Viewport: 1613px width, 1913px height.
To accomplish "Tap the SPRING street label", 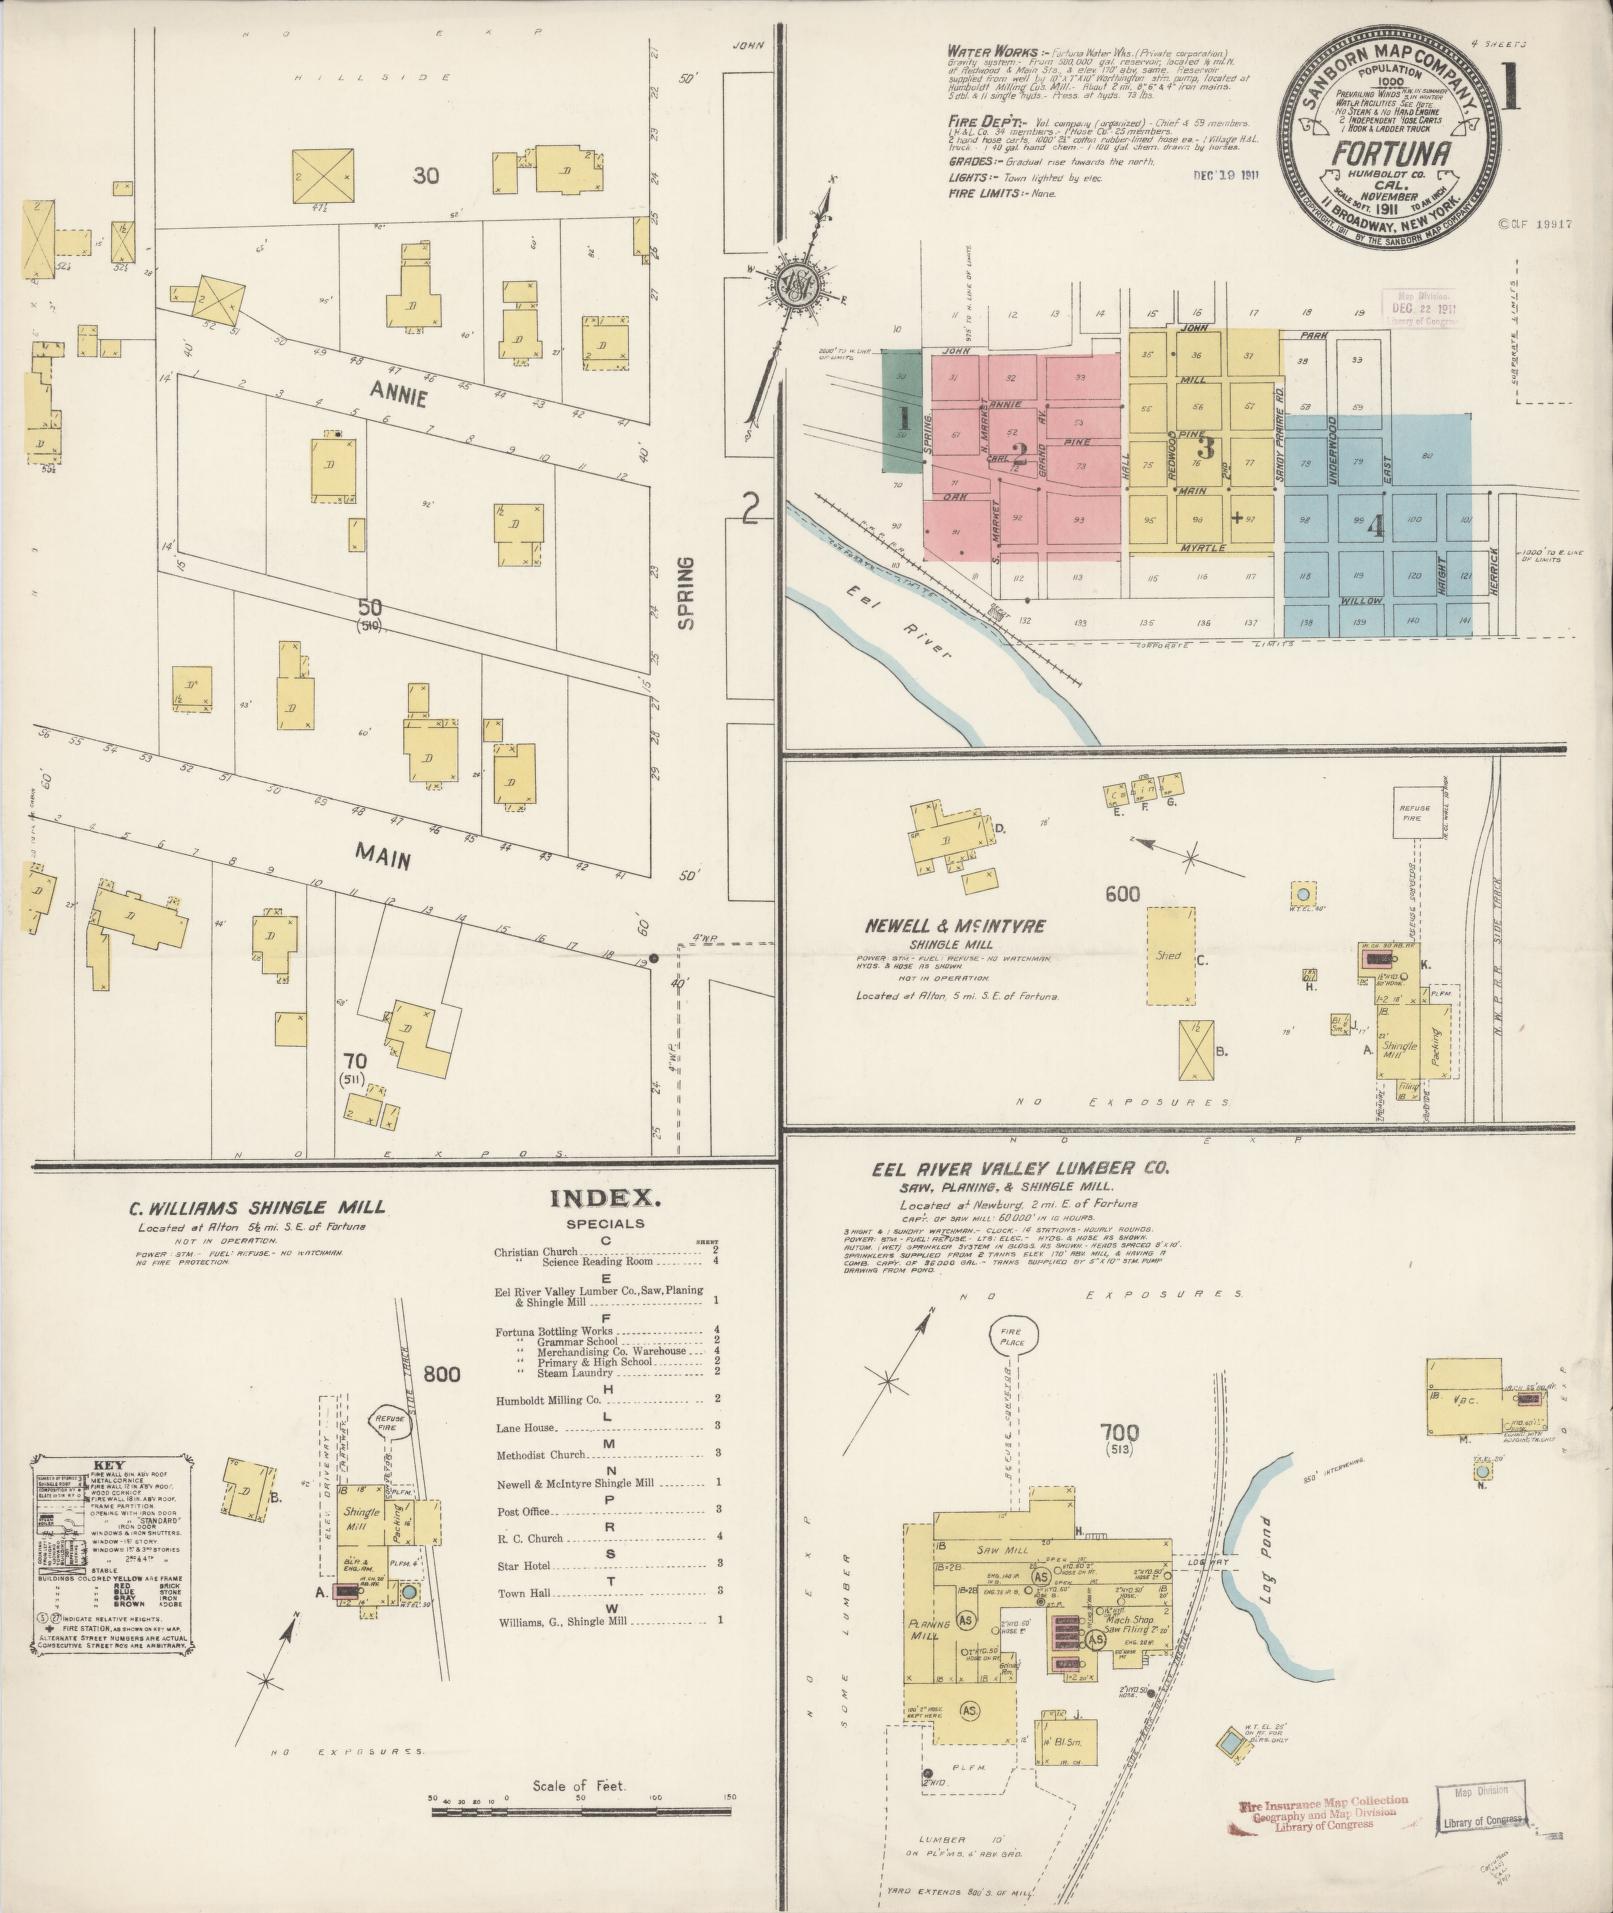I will coord(686,593).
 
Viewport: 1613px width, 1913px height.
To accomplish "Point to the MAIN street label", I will coord(383,855).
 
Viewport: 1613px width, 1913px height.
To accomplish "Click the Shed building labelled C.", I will coord(1169,955).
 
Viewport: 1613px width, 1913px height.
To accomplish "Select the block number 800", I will coord(440,1374).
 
